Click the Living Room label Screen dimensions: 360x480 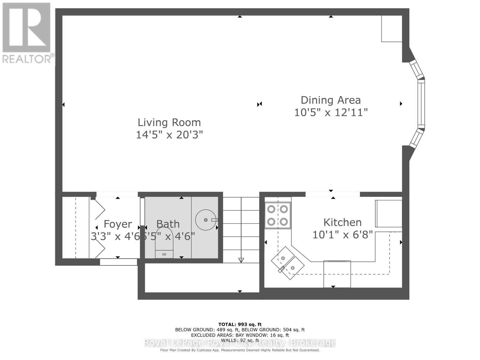[169, 122]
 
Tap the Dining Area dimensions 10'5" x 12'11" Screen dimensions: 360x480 [331, 112]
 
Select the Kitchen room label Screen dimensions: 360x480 [342, 222]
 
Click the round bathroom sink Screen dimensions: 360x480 [205, 220]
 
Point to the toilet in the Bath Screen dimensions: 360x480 [164, 243]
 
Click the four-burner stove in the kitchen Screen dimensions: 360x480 [277, 215]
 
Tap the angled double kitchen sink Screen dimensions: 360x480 [287, 263]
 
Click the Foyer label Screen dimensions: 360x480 [118, 224]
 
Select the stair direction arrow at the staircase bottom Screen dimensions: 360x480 [241, 260]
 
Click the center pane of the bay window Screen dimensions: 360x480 [421, 103]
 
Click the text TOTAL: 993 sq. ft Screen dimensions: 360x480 [240, 324]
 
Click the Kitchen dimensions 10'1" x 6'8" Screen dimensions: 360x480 [342, 235]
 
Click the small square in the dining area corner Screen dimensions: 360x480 [391, 28]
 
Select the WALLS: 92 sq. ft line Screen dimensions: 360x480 [240, 340]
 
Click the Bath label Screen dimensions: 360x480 [168, 224]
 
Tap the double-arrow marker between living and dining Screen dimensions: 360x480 [259, 104]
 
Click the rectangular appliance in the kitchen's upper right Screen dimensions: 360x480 [388, 214]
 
